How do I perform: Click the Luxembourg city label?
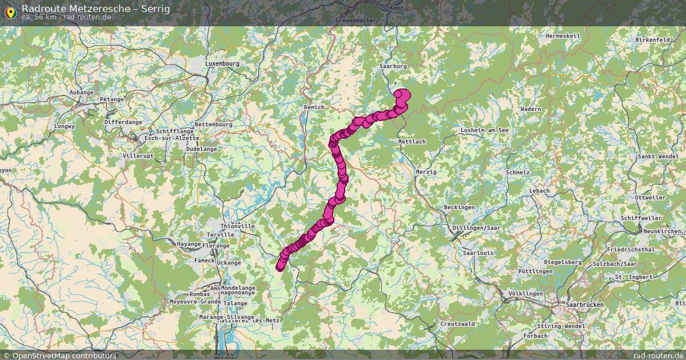[x=222, y=63]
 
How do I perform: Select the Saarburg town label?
[x=393, y=66]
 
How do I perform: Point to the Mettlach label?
[x=412, y=141]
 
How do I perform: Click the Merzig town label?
[x=426, y=172]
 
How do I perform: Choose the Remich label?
[x=314, y=107]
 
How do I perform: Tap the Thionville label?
[x=237, y=226]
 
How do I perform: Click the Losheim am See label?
[x=485, y=130]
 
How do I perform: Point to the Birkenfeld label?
[x=652, y=40]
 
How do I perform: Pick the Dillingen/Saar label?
[x=476, y=227]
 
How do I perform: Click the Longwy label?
[x=64, y=126]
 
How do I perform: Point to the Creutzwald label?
[x=458, y=323]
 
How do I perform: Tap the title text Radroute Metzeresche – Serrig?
[x=95, y=9]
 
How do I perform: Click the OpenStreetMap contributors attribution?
[x=59, y=355]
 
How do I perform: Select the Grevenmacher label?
[x=356, y=20]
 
